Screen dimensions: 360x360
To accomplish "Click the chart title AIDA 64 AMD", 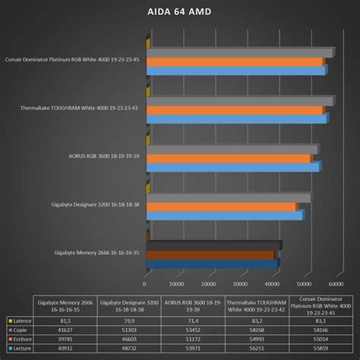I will click(180, 11).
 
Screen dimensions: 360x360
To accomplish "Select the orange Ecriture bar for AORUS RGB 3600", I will click(228, 159).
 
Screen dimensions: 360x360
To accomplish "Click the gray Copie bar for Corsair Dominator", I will click(239, 52).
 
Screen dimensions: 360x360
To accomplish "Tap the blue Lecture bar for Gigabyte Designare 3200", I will click(224, 216).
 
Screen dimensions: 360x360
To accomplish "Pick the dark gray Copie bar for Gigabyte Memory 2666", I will click(213, 245).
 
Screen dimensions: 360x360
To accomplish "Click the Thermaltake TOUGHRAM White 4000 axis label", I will click(75, 108).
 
